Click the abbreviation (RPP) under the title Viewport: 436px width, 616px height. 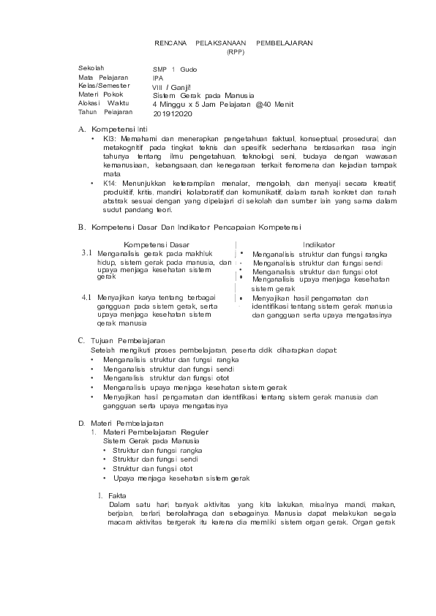point(235,52)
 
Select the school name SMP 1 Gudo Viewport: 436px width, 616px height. point(175,68)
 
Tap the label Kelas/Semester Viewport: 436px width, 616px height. point(104,86)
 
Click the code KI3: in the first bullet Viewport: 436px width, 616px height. point(110,138)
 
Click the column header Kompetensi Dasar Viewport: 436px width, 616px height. point(157,244)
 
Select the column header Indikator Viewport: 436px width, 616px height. point(319,244)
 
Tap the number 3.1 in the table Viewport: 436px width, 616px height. point(86,252)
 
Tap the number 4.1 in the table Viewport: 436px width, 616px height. point(86,298)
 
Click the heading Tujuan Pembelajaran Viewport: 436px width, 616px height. point(128,340)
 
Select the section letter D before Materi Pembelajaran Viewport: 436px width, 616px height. point(81,423)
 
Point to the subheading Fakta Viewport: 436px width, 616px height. point(117,495)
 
